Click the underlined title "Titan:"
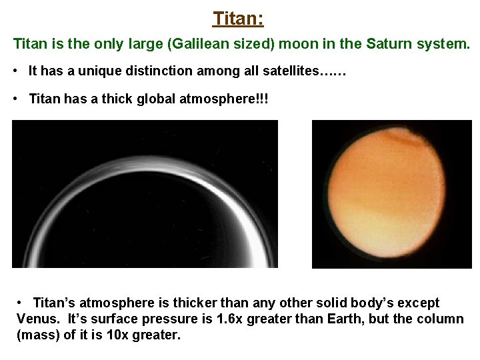click(x=239, y=18)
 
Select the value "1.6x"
click(x=229, y=319)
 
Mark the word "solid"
click(x=319, y=303)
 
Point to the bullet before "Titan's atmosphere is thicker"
click(x=22, y=303)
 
